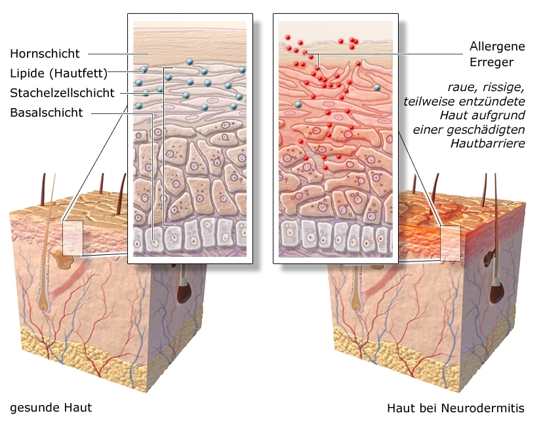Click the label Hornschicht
(x=45, y=53)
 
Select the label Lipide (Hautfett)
(x=58, y=72)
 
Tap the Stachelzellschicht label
(x=62, y=92)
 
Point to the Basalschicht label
(x=47, y=112)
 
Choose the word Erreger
(x=491, y=63)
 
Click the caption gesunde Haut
(x=50, y=408)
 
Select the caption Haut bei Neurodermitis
(x=455, y=408)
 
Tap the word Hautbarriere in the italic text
(x=488, y=142)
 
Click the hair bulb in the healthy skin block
(x=45, y=303)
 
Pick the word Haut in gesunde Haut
(x=77, y=408)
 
